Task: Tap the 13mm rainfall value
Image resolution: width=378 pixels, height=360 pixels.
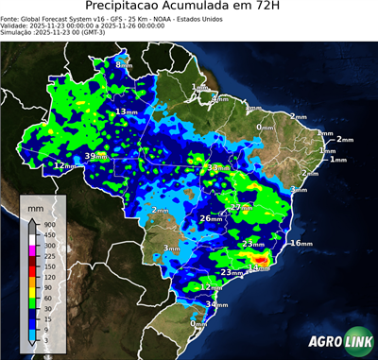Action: [123, 111]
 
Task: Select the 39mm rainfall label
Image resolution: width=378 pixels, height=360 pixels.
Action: [95, 156]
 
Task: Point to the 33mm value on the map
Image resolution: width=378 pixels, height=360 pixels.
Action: [216, 167]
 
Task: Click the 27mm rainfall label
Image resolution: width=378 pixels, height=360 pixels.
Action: [240, 207]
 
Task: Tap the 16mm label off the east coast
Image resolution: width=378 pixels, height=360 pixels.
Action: [300, 243]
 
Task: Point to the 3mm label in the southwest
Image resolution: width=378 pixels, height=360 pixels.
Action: [171, 249]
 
